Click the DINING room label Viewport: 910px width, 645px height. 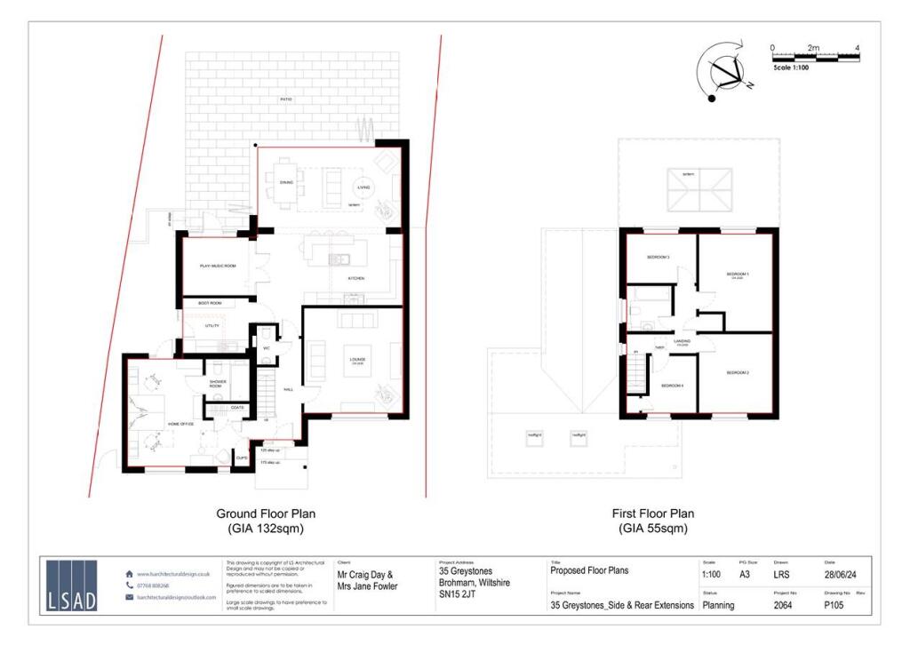[x=286, y=184]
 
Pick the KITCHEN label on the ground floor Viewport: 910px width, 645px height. [x=355, y=279]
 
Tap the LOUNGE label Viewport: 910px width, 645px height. [x=358, y=359]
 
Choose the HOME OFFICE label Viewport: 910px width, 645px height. [x=180, y=425]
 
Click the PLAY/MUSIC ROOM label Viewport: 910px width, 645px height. [x=216, y=267]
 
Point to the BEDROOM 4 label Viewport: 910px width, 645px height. [x=672, y=385]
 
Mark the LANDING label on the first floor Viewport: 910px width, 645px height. [x=682, y=340]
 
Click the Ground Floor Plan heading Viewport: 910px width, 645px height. [x=266, y=514]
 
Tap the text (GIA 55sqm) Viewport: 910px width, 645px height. [x=653, y=529]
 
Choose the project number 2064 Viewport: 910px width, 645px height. [x=783, y=605]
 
